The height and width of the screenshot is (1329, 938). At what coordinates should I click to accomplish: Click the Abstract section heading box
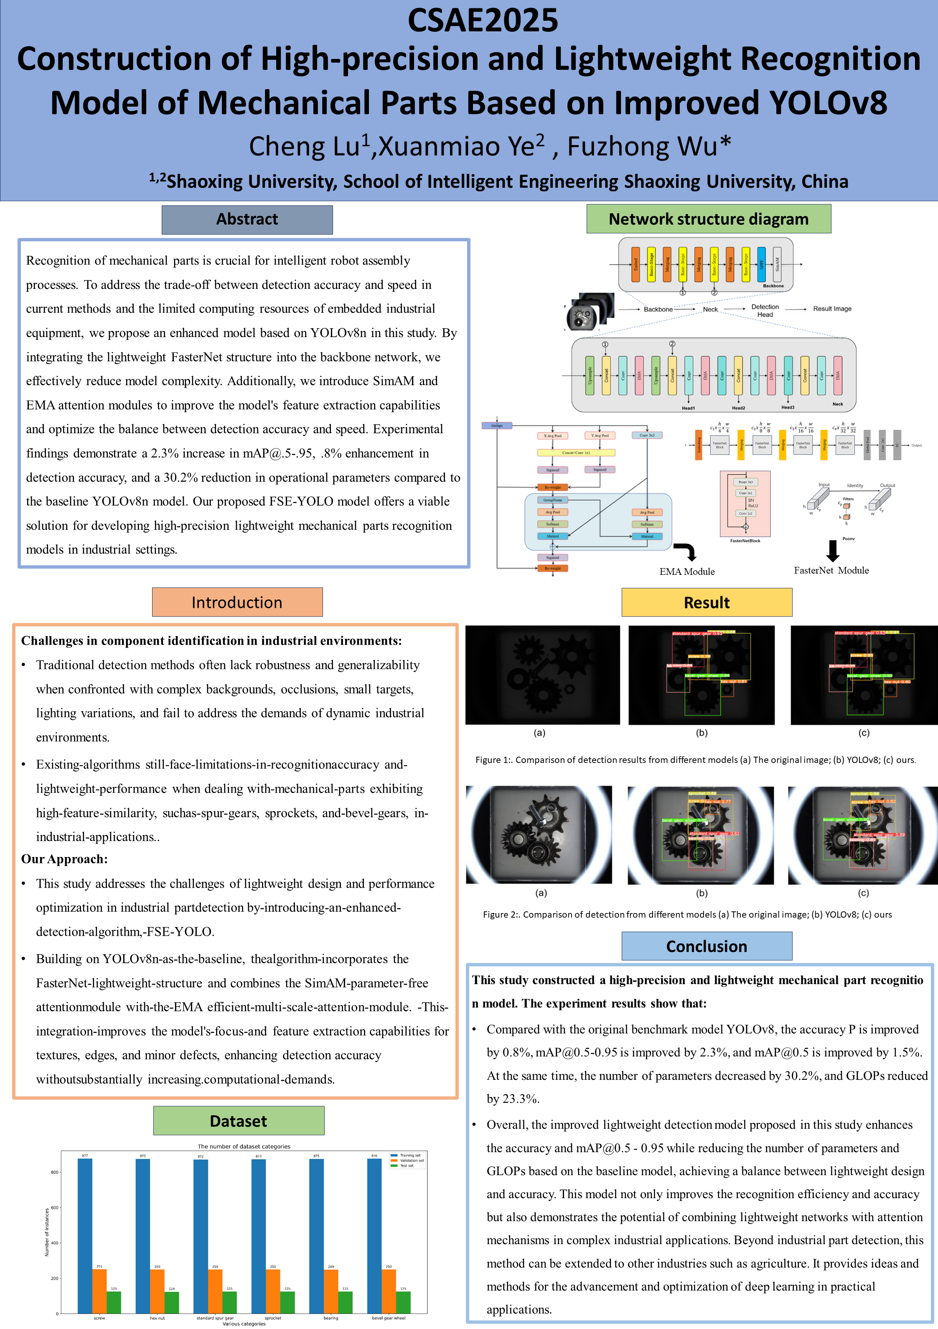247,219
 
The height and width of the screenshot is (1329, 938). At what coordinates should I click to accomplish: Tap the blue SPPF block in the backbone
762,265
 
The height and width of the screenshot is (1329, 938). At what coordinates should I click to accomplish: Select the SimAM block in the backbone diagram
777,265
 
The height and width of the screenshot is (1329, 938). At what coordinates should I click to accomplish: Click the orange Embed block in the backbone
636,265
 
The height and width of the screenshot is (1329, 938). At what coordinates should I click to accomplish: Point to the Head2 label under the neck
738,408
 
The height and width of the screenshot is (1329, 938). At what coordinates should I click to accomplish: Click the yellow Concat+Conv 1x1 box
576,453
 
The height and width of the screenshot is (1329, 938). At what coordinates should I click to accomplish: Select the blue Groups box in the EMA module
496,426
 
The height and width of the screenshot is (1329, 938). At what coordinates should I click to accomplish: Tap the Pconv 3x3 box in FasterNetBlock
745,482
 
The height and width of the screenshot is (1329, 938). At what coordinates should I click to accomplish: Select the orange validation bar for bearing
331,1291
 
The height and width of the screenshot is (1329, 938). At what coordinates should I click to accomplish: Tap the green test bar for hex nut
172,1302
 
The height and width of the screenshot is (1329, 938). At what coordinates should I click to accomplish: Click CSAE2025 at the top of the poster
483,20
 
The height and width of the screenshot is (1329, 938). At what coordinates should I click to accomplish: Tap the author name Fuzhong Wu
649,146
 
